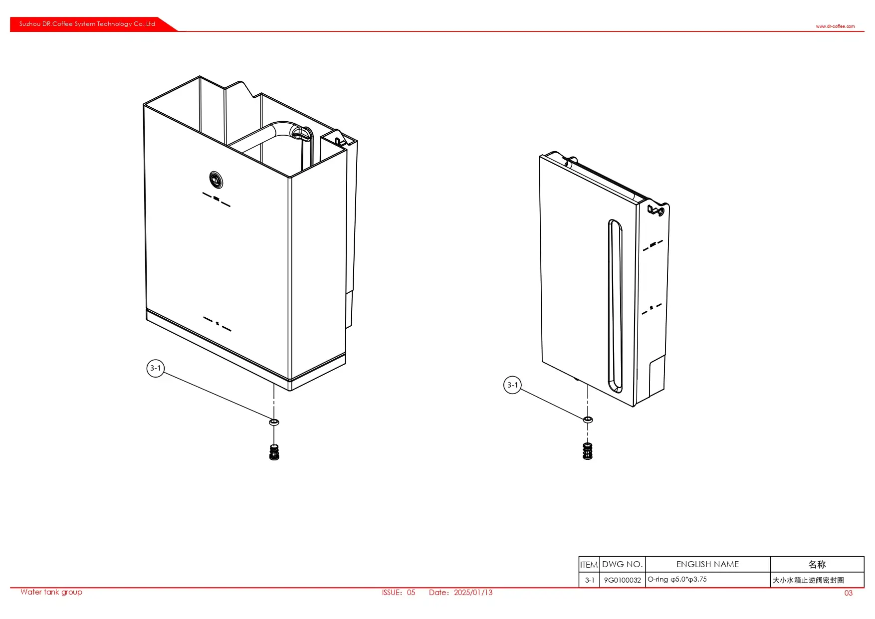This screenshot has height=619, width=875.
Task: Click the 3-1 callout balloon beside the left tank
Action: click(156, 368)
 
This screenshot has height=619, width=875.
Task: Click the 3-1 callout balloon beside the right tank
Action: click(512, 385)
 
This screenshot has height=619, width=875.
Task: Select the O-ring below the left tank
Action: click(274, 422)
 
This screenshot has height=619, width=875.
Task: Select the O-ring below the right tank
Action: click(588, 419)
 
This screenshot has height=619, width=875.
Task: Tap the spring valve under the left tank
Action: click(274, 452)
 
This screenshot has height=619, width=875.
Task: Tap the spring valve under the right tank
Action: click(588, 451)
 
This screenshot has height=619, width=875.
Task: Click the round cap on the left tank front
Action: click(216, 180)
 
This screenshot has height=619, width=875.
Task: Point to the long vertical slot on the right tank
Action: click(616, 306)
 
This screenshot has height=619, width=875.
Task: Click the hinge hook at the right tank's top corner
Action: click(656, 209)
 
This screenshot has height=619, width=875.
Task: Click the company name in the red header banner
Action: click(87, 24)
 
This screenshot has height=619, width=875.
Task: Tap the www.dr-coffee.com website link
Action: click(835, 26)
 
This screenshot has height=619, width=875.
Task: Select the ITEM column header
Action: click(589, 565)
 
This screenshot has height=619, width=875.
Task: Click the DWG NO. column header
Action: click(622, 564)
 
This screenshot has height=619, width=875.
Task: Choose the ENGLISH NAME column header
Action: click(707, 564)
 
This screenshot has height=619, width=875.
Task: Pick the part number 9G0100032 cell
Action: click(622, 580)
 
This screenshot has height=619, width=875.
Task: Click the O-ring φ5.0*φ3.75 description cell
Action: click(677, 580)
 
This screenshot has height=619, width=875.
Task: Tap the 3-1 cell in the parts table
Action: click(589, 580)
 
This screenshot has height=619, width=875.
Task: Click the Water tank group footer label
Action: click(51, 592)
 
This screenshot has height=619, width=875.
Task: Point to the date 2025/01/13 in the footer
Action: click(473, 593)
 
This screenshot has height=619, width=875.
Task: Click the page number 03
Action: click(849, 593)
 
